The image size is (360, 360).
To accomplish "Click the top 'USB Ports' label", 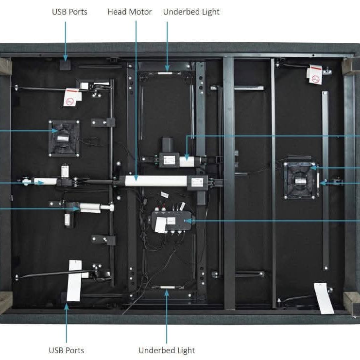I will [x=69, y=11].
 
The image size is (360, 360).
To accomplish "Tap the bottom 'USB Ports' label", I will [x=66, y=350].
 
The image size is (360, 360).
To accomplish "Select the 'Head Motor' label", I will [x=130, y=12].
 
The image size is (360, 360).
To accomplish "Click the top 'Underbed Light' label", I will [x=191, y=12].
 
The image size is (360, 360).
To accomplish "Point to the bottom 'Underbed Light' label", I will [x=167, y=350].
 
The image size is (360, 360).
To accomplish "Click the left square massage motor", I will [x=64, y=138].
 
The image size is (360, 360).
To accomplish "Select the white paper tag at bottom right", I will [x=324, y=297].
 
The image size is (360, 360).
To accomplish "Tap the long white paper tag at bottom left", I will [x=74, y=281].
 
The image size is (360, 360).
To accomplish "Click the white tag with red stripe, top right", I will [x=315, y=74].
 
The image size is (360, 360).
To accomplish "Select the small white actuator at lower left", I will [x=90, y=207].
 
